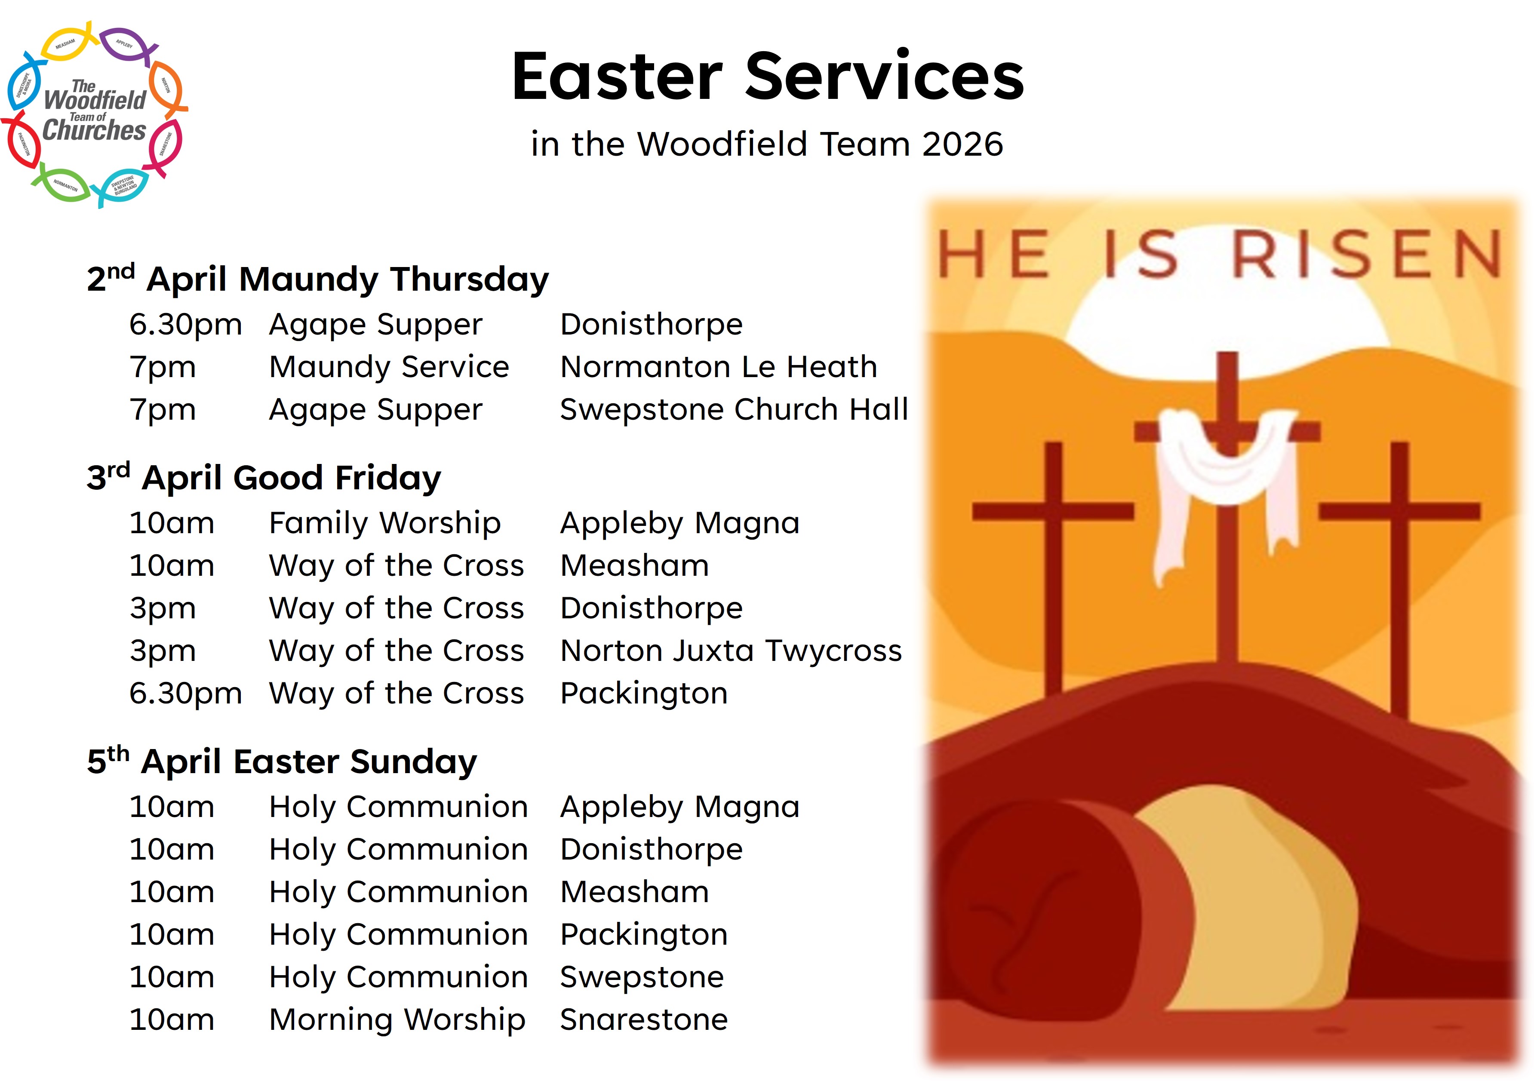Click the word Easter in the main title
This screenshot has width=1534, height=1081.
618,77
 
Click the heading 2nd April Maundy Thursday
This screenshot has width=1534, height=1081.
317,279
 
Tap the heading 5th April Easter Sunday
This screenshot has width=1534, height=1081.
282,762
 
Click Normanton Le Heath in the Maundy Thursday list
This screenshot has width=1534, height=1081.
718,367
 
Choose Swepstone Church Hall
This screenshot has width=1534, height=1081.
734,409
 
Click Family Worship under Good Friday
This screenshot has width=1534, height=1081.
385,523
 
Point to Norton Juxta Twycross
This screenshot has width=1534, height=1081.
731,651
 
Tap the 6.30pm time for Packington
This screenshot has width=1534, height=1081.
185,694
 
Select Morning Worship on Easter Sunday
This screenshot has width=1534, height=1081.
397,1020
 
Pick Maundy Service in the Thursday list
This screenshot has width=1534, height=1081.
389,367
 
